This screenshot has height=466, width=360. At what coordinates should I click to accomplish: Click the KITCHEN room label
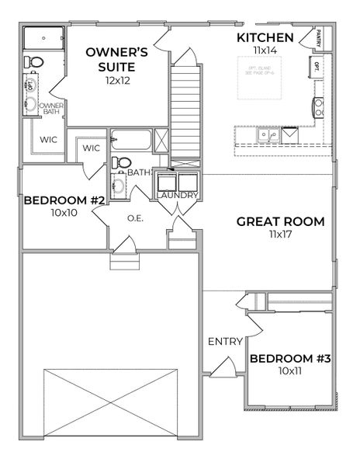pos(265,37)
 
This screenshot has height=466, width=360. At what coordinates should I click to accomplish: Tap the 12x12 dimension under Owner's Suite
pos(116,81)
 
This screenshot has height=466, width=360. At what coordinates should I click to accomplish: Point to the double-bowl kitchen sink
pos(270,134)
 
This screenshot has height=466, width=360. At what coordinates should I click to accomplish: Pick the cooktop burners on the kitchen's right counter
pos(318,106)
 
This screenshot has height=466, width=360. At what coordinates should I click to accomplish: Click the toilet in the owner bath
pos(32,61)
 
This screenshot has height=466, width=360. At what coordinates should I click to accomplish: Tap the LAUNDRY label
pos(177,195)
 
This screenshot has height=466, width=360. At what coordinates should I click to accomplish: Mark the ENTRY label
pos(225,341)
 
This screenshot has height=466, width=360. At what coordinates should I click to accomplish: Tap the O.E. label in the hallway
pos(137,219)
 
